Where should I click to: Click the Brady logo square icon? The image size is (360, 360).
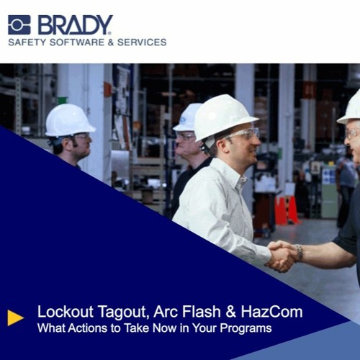(19, 24)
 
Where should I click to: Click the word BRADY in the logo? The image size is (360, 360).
(75, 24)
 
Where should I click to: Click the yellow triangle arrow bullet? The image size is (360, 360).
(15, 318)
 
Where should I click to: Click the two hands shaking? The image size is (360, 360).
(282, 254)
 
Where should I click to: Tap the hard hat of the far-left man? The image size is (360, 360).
(69, 120)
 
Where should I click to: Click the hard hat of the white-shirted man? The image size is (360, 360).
(225, 114)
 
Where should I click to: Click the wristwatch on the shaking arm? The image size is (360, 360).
(298, 253)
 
